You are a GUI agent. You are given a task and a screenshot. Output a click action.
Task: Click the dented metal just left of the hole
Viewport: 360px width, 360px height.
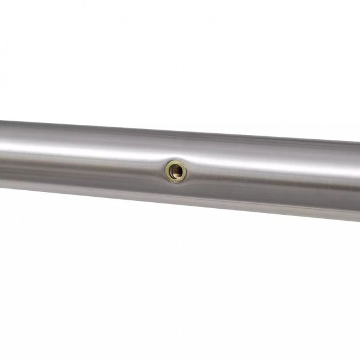159,170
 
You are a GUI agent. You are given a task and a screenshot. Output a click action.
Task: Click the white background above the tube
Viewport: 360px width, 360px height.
180,60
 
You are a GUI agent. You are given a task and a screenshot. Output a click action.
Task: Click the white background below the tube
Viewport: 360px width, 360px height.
180,288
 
